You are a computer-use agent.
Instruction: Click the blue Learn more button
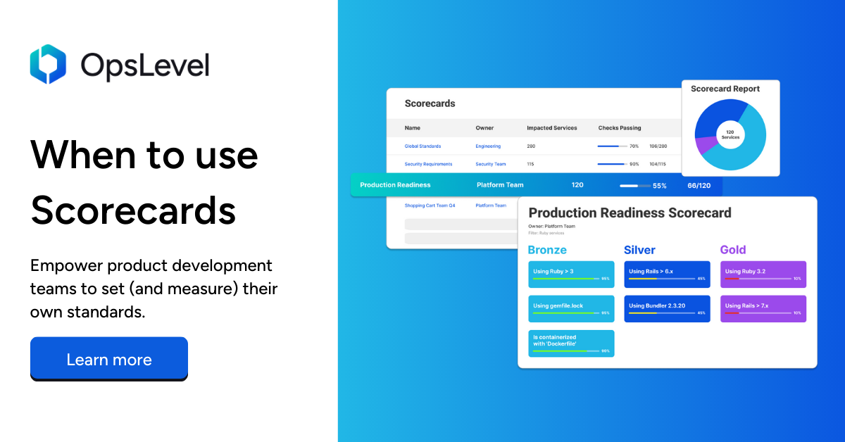(x=109, y=360)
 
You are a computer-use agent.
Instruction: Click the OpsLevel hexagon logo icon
(x=48, y=64)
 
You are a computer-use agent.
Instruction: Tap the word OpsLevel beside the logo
(x=144, y=65)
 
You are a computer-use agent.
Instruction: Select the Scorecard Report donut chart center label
(x=730, y=134)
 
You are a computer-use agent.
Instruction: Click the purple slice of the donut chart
(x=705, y=146)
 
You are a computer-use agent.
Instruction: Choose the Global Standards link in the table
(x=423, y=146)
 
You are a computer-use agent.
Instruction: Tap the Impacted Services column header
(x=551, y=128)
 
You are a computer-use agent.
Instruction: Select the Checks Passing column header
(x=620, y=128)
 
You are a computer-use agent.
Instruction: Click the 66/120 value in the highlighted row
(x=699, y=185)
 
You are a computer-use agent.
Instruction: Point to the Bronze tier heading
(x=547, y=250)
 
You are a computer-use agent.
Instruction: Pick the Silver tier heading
(x=639, y=250)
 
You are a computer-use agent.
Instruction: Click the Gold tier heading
(x=733, y=250)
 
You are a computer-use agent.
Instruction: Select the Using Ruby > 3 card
(x=571, y=274)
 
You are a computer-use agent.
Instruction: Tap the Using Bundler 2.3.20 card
(x=667, y=309)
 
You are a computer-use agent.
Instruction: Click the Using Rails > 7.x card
(x=763, y=309)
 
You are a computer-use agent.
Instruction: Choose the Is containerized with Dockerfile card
(x=571, y=343)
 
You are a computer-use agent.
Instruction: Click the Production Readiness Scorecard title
(x=630, y=213)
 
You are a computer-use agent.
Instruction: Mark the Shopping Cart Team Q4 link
(x=430, y=206)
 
